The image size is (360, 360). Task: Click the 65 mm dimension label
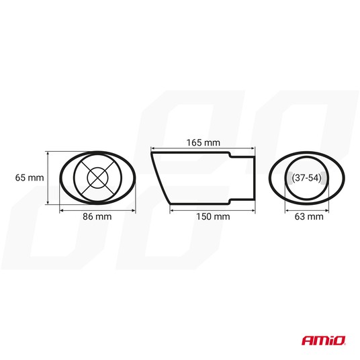tap(30, 178)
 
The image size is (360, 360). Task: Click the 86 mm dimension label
tap(97, 216)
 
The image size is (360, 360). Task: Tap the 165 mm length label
tap(204, 142)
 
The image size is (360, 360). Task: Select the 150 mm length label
tap(213, 216)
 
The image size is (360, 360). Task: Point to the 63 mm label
tap(309, 216)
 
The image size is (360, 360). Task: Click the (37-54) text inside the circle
tap(306, 178)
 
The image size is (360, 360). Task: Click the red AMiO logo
tap(324, 341)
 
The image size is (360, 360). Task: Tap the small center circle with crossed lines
tap(98, 178)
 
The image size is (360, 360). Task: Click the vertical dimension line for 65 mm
tap(48, 178)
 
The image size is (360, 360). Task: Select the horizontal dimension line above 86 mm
tap(97, 210)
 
